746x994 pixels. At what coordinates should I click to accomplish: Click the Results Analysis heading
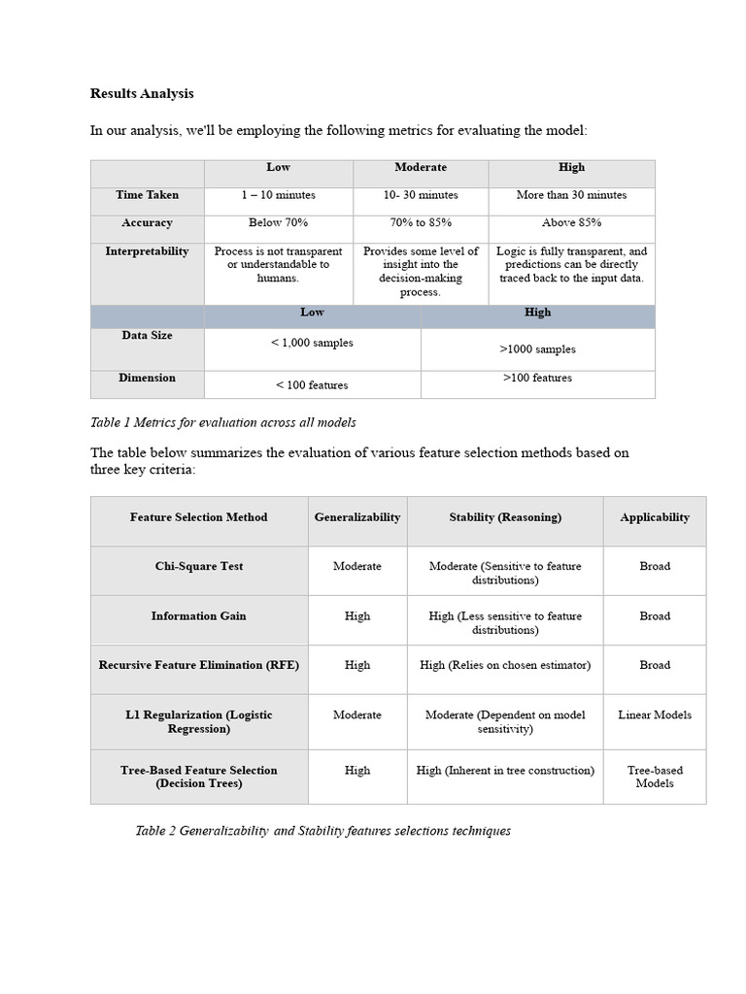pyautogui.click(x=142, y=94)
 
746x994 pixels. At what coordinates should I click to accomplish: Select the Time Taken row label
pyautogui.click(x=148, y=195)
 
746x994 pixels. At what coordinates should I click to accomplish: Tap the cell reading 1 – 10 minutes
pyautogui.click(x=279, y=195)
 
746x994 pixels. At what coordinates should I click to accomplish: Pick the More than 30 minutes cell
pyautogui.click(x=571, y=195)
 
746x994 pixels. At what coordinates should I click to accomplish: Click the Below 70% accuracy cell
pyautogui.click(x=279, y=223)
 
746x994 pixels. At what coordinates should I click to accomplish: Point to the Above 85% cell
pyautogui.click(x=571, y=223)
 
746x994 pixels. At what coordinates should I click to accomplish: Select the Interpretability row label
pyautogui.click(x=148, y=251)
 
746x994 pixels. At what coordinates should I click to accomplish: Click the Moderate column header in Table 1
pyautogui.click(x=420, y=168)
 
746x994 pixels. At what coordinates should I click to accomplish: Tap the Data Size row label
pyautogui.click(x=148, y=336)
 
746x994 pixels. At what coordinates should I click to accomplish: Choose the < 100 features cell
pyautogui.click(x=312, y=385)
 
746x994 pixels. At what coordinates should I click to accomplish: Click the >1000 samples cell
pyautogui.click(x=537, y=349)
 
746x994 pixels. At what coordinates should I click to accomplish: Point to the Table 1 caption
pyautogui.click(x=223, y=422)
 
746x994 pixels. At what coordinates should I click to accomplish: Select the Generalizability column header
pyautogui.click(x=357, y=517)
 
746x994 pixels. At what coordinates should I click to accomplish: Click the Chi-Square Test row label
pyautogui.click(x=199, y=567)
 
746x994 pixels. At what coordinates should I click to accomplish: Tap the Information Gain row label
pyautogui.click(x=199, y=616)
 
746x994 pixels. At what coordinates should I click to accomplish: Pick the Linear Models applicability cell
pyautogui.click(x=655, y=715)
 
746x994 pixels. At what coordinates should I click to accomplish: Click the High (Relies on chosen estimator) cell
pyautogui.click(x=505, y=666)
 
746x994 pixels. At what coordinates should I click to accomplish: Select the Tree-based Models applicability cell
pyautogui.click(x=655, y=777)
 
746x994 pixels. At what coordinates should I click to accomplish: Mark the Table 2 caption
pyautogui.click(x=323, y=831)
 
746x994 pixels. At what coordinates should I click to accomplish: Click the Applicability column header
pyautogui.click(x=655, y=517)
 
